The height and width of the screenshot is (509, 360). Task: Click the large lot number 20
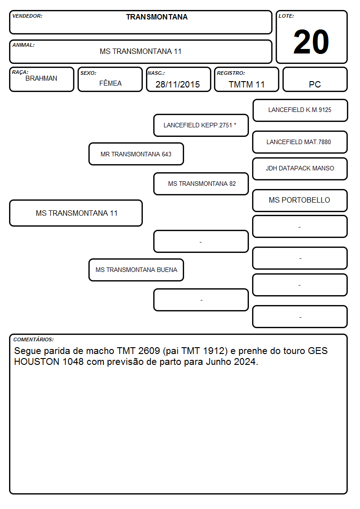tap(311, 42)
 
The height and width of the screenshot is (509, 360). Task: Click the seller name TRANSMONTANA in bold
tap(157, 17)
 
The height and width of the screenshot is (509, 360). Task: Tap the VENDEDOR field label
tap(27, 16)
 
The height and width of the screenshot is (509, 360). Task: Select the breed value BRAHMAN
tap(41, 78)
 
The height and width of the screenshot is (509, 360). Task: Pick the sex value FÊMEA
tap(110, 83)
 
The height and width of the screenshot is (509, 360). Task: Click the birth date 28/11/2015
tap(178, 84)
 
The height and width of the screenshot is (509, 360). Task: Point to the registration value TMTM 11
tap(247, 84)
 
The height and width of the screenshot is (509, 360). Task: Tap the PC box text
tap(315, 84)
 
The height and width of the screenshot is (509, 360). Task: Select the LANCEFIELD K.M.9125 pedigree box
tap(300, 111)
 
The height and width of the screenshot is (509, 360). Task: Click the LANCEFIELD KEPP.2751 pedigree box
tap(201, 125)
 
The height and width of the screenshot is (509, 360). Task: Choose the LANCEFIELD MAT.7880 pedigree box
tap(300, 142)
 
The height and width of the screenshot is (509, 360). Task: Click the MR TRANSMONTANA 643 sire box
tap(136, 154)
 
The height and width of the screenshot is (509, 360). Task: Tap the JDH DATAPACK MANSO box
tap(300, 169)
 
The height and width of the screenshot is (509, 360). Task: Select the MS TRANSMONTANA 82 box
tap(201, 184)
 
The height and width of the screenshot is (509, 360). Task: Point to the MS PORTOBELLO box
tap(300, 200)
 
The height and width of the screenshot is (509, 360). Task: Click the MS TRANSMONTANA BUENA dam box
tap(136, 270)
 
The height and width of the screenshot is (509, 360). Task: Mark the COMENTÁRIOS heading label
tap(34, 339)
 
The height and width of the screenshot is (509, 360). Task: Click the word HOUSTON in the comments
tap(37, 362)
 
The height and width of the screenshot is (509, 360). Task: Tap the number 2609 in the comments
tap(149, 351)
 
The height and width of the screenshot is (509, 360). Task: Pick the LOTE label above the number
tap(286, 16)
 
